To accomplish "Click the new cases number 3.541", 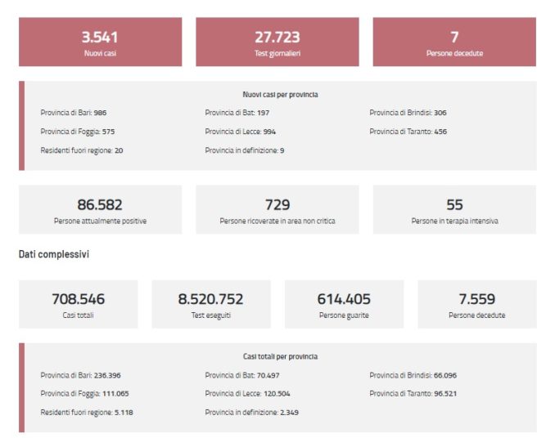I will [x=100, y=37].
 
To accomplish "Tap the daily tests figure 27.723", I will [x=277, y=37].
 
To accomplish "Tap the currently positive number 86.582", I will [x=100, y=205].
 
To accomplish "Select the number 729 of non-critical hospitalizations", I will [x=277, y=205].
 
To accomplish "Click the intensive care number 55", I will [x=454, y=205].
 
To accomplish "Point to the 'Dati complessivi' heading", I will [x=54, y=255].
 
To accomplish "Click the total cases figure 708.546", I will [x=79, y=299].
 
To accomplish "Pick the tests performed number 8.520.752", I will [x=210, y=299].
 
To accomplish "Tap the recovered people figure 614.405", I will [x=344, y=299].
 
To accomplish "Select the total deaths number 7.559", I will [x=476, y=299].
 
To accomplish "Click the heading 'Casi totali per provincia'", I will [x=280, y=357].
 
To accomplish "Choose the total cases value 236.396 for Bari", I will [x=113, y=375].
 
